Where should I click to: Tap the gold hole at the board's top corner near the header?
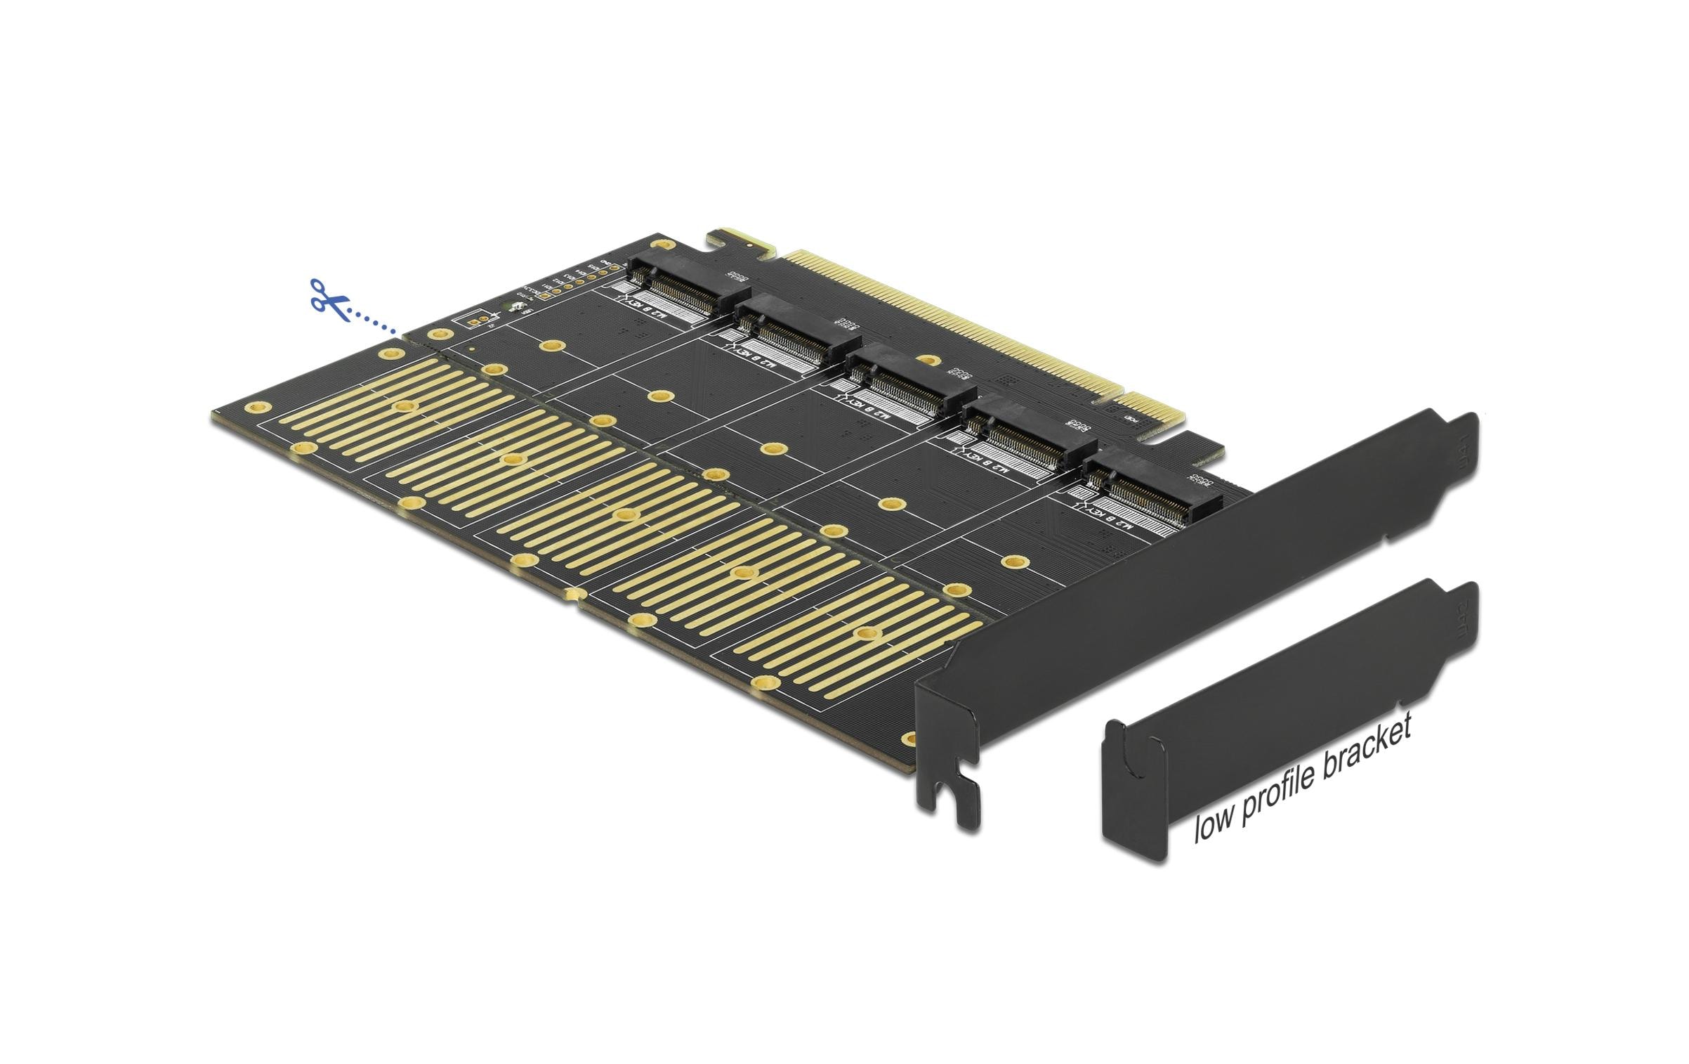click(659, 243)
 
